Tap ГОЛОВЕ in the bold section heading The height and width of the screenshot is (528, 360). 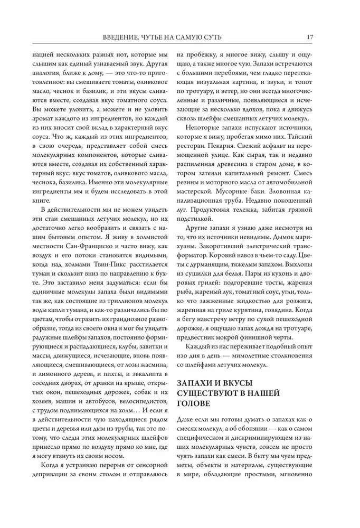194,404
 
